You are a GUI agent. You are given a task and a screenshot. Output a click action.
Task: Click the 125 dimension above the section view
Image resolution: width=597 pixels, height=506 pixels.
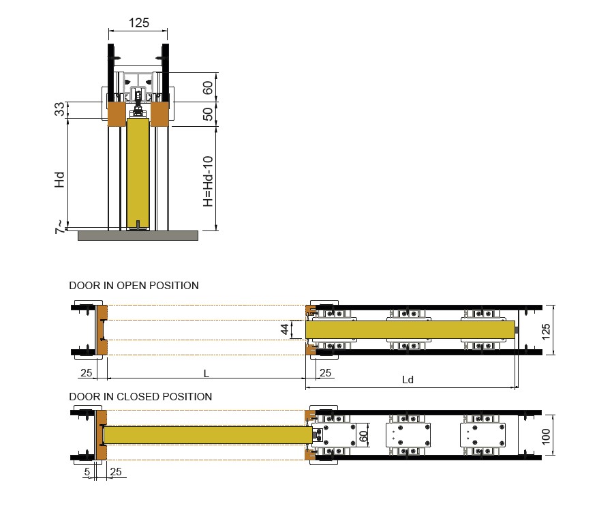139,23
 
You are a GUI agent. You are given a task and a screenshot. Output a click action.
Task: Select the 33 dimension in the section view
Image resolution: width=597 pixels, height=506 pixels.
60,109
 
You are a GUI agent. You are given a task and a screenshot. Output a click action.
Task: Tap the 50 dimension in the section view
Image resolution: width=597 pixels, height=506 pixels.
209,114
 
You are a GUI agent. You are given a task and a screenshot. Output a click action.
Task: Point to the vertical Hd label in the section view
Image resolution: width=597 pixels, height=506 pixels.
60,179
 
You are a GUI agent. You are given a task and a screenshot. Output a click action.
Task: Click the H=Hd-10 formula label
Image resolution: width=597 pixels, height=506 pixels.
209,181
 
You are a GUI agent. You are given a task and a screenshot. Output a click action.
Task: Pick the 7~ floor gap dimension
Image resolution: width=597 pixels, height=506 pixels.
60,227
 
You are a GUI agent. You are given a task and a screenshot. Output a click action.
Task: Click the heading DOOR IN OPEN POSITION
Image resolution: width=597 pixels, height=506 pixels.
134,286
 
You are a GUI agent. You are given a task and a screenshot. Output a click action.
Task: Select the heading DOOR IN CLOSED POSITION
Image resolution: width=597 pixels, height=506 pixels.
140,396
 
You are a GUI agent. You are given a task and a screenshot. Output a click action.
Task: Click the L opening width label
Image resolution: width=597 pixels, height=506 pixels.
206,373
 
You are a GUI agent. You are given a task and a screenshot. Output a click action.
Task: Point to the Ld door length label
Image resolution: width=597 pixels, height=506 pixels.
408,379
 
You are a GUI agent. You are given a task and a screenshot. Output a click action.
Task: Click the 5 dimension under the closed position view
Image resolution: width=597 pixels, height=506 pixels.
87,471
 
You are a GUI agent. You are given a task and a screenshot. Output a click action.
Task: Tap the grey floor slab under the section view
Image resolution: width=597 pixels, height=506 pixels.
138,235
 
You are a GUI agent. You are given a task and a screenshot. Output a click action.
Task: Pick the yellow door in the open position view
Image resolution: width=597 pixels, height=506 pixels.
409,330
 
